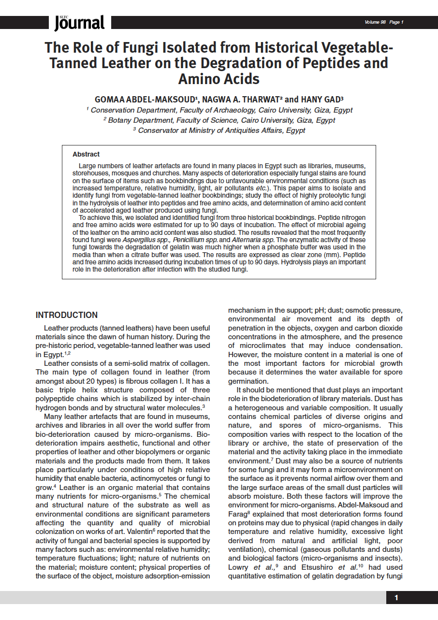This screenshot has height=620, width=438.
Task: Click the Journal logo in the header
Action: click(x=79, y=22)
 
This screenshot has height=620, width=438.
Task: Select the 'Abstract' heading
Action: click(x=86, y=154)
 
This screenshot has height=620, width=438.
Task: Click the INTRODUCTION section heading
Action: click(x=67, y=315)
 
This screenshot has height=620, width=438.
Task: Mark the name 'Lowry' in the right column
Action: click(x=238, y=567)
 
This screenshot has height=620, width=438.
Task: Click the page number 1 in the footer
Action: click(x=396, y=598)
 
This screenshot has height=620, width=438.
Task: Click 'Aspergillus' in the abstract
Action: click(x=139, y=240)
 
